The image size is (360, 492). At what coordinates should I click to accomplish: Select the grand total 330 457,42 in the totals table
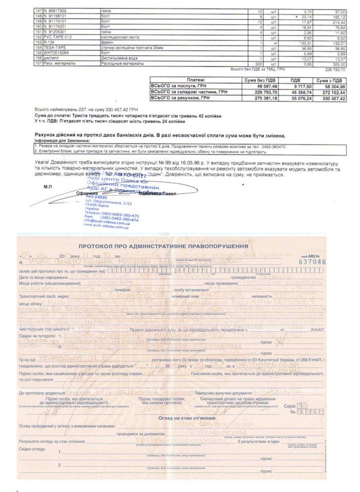pos(331,98)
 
